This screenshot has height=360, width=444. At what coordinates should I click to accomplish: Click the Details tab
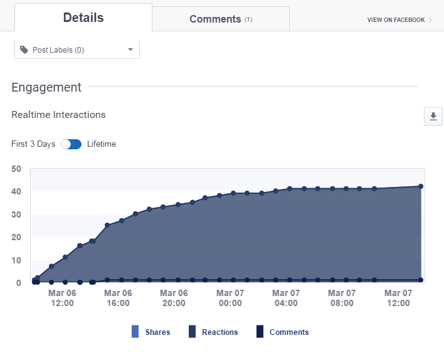pos(83,18)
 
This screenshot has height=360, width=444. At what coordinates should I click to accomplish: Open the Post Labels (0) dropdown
pos(77,50)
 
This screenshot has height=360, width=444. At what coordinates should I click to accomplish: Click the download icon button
pos(433,117)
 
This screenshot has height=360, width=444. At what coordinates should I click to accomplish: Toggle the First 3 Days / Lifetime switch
pos(71,144)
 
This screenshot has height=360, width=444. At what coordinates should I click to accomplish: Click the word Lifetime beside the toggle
pos(102,144)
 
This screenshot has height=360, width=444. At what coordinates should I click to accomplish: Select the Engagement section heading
pos(46,87)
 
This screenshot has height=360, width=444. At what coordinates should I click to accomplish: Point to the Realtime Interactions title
pos(58,115)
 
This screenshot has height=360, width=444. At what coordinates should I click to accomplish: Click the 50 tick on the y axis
pos(16,169)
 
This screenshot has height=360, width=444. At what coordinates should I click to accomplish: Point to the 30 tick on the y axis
pos(16,214)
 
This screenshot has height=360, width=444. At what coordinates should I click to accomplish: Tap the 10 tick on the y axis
pos(16,260)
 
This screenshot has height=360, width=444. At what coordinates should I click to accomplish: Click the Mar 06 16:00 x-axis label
pos(118,298)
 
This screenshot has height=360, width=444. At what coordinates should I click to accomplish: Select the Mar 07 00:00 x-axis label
pos(230,298)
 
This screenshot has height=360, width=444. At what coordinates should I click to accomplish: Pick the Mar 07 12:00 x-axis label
pos(398,298)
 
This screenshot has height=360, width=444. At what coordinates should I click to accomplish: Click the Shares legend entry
pos(151,332)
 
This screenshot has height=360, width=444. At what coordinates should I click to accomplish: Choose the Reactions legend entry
pos(213,332)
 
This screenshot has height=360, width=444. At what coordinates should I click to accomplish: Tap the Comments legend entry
pos(282,332)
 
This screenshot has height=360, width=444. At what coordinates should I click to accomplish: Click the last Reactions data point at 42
pos(421,186)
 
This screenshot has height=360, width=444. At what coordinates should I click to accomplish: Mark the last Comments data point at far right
pos(421,280)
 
